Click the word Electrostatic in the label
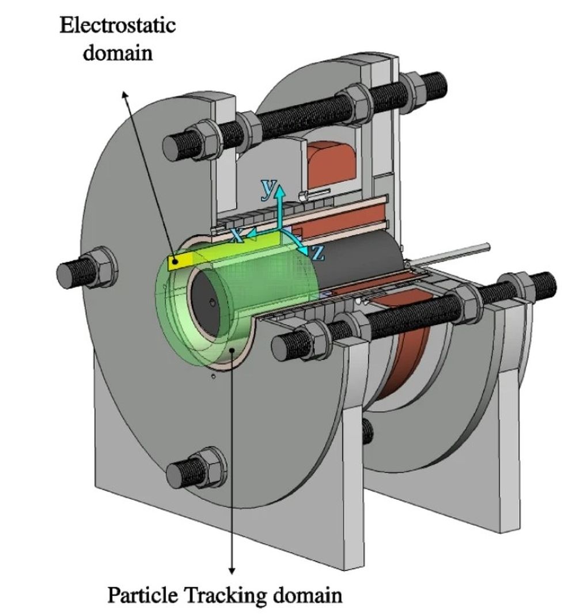click(x=118, y=26)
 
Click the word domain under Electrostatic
click(x=118, y=53)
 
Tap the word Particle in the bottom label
click(x=141, y=594)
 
